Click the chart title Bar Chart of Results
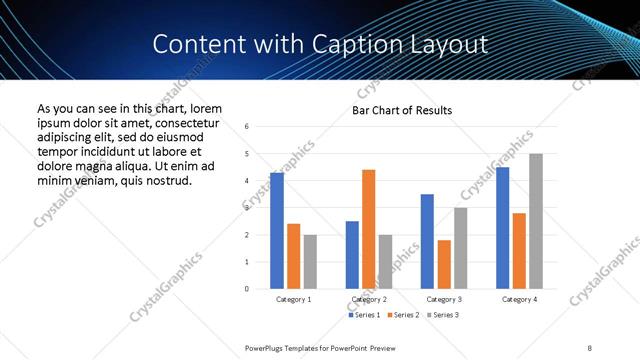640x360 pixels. pos(401,110)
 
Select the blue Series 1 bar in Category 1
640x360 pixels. pos(277,231)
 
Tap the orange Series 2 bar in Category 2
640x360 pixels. pos(368,229)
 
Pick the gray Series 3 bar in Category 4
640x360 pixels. pos(536,221)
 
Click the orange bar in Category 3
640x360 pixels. pos(444,264)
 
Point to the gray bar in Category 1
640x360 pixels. pos(310,261)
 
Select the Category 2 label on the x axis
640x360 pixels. pos(369,299)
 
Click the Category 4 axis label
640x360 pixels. pos(519,299)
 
